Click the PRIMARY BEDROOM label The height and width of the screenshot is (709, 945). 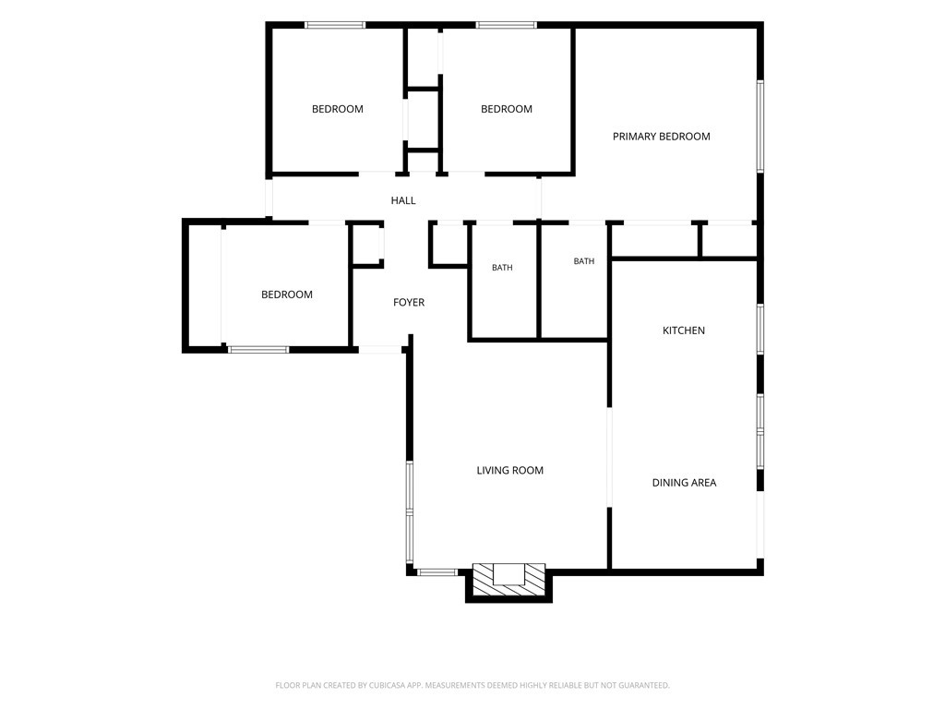[661, 137]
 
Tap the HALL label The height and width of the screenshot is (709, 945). [403, 200]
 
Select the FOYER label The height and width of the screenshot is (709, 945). [409, 302]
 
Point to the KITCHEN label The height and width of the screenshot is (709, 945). [684, 330]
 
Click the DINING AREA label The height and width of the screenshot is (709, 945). [684, 482]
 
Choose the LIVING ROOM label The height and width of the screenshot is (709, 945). [509, 470]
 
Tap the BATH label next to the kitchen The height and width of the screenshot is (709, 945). [584, 261]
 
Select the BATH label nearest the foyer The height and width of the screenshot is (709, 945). [502, 268]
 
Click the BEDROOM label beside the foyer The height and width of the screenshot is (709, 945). [287, 294]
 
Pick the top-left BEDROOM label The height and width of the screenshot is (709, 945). [338, 109]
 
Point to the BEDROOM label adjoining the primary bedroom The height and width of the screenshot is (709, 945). [507, 109]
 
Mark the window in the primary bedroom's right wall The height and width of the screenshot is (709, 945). [760, 126]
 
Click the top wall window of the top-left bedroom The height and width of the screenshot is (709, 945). [335, 25]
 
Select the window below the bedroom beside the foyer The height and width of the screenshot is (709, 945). [258, 349]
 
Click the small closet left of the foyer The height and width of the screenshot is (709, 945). [366, 244]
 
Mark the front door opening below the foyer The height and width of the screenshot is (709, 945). [380, 349]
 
